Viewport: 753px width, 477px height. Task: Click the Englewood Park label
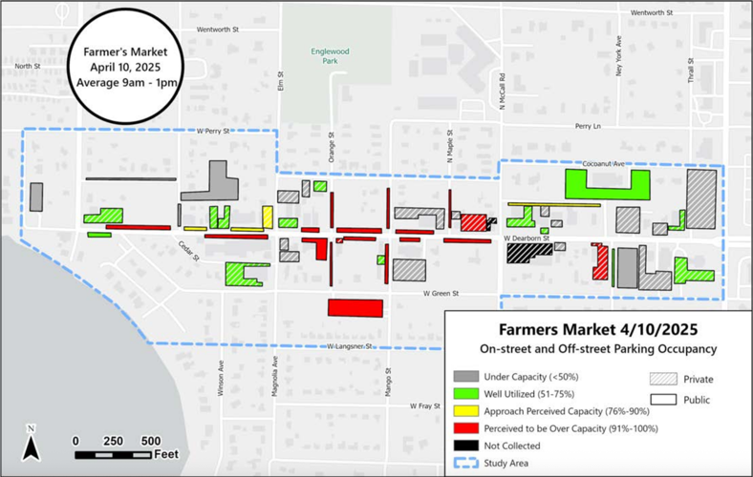tap(332, 55)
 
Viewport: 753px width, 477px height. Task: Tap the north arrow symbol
tap(32, 444)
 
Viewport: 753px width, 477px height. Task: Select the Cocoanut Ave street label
tap(602, 163)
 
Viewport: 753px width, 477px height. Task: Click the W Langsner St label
tap(347, 346)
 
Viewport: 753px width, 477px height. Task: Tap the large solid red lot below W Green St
tap(355, 307)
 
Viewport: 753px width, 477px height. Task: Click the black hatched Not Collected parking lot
tap(528, 253)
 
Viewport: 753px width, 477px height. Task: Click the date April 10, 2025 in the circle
tap(119, 67)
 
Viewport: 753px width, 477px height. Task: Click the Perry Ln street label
tap(588, 126)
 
